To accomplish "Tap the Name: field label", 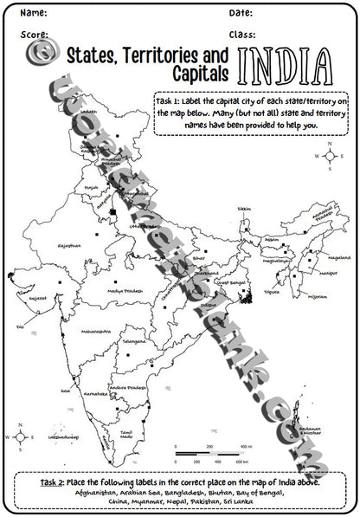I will pyautogui.click(x=34, y=14).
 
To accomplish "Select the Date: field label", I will pyautogui.click(x=241, y=14).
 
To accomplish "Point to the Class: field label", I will pyautogui.click(x=243, y=35).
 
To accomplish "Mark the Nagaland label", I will pyautogui.click(x=316, y=258).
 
